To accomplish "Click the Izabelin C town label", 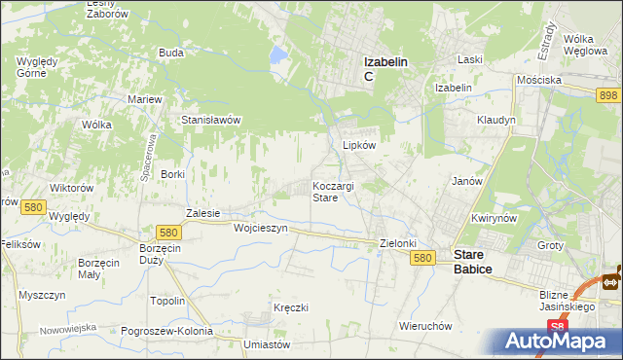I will pyautogui.click(x=385, y=67).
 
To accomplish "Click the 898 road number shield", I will pyautogui.click(x=609, y=93).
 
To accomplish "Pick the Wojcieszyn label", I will pyautogui.click(x=261, y=228).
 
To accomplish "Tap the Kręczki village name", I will pyautogui.click(x=291, y=307).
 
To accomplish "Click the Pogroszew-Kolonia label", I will pyautogui.click(x=167, y=331).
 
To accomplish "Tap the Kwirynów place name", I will pyautogui.click(x=492, y=219).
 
